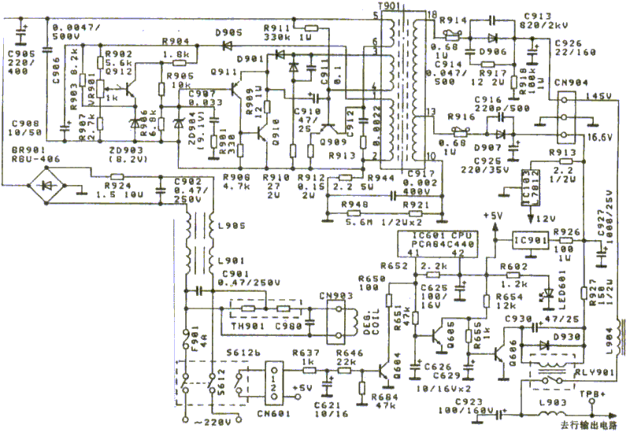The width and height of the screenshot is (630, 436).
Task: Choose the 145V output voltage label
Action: [598, 96]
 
